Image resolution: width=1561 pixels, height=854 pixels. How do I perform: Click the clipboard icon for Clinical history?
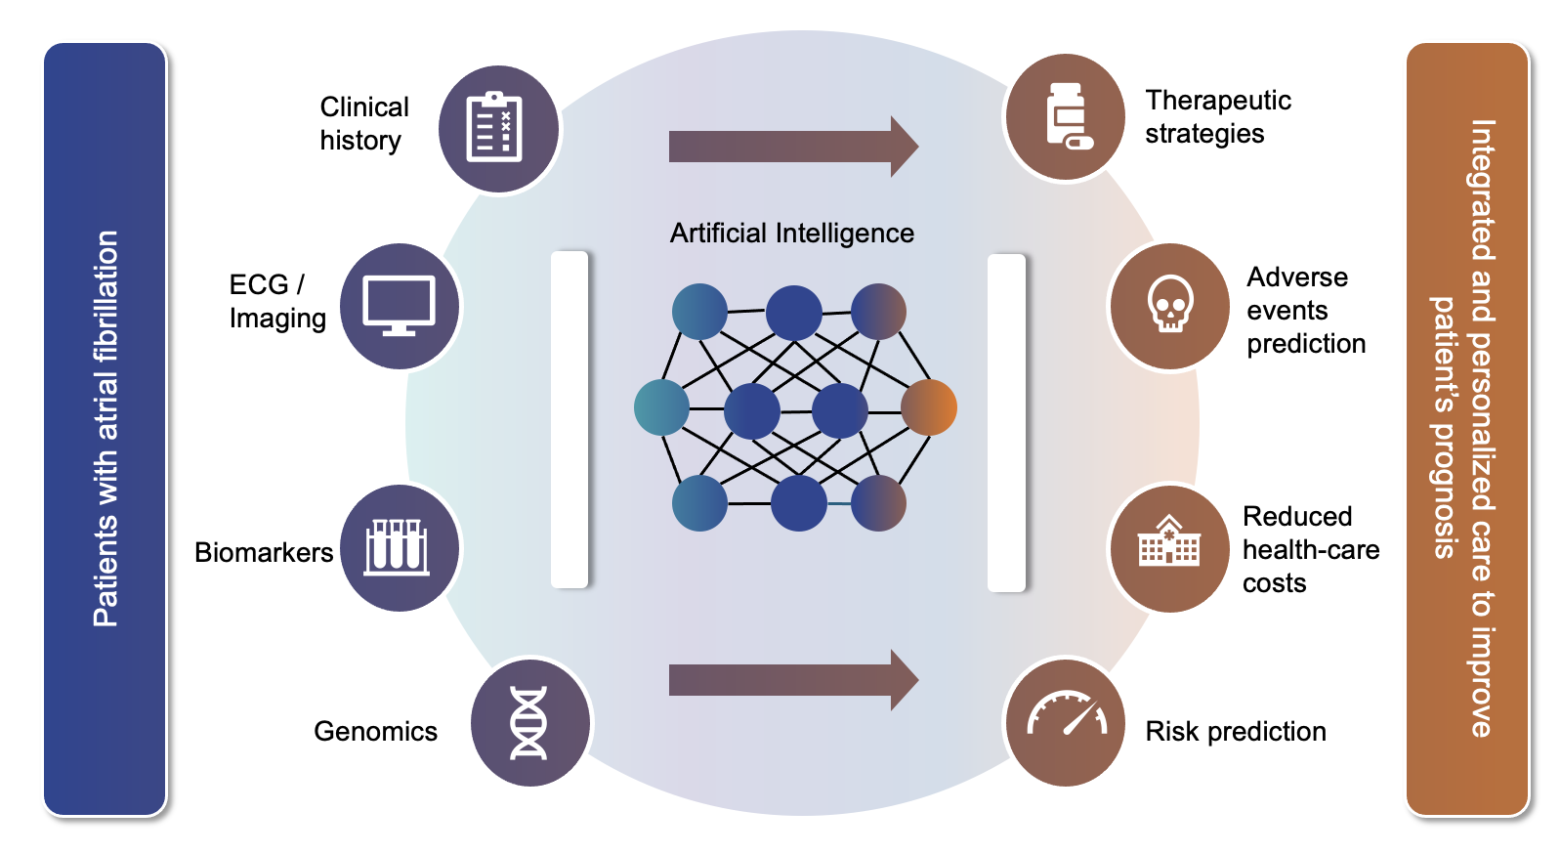point(495,128)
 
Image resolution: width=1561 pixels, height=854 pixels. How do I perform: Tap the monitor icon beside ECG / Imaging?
point(399,305)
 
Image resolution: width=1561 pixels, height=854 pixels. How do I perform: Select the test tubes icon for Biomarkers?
point(398,547)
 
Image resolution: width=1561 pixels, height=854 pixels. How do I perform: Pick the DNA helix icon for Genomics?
point(528,723)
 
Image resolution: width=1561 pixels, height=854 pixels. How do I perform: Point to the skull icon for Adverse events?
point(1169,306)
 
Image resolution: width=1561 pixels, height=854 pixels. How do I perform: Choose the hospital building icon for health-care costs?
point(1168,547)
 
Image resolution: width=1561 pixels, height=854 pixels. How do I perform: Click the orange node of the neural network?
point(928,407)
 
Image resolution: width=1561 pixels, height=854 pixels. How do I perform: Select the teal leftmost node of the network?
point(661,407)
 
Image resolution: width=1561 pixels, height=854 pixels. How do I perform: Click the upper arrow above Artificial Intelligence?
point(793,147)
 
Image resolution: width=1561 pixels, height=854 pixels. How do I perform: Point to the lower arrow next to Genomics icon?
point(793,680)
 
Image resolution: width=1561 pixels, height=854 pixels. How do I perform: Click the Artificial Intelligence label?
point(791,234)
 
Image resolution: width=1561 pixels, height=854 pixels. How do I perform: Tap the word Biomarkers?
point(264,553)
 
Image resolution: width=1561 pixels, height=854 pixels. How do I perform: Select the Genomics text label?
point(375,732)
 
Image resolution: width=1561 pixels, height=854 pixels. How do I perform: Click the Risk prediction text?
point(1235,732)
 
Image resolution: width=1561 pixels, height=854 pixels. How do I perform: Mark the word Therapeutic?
point(1217,101)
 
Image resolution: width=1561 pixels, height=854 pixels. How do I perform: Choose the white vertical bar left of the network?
point(570,420)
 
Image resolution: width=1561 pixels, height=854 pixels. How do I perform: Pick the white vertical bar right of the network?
point(1006,423)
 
